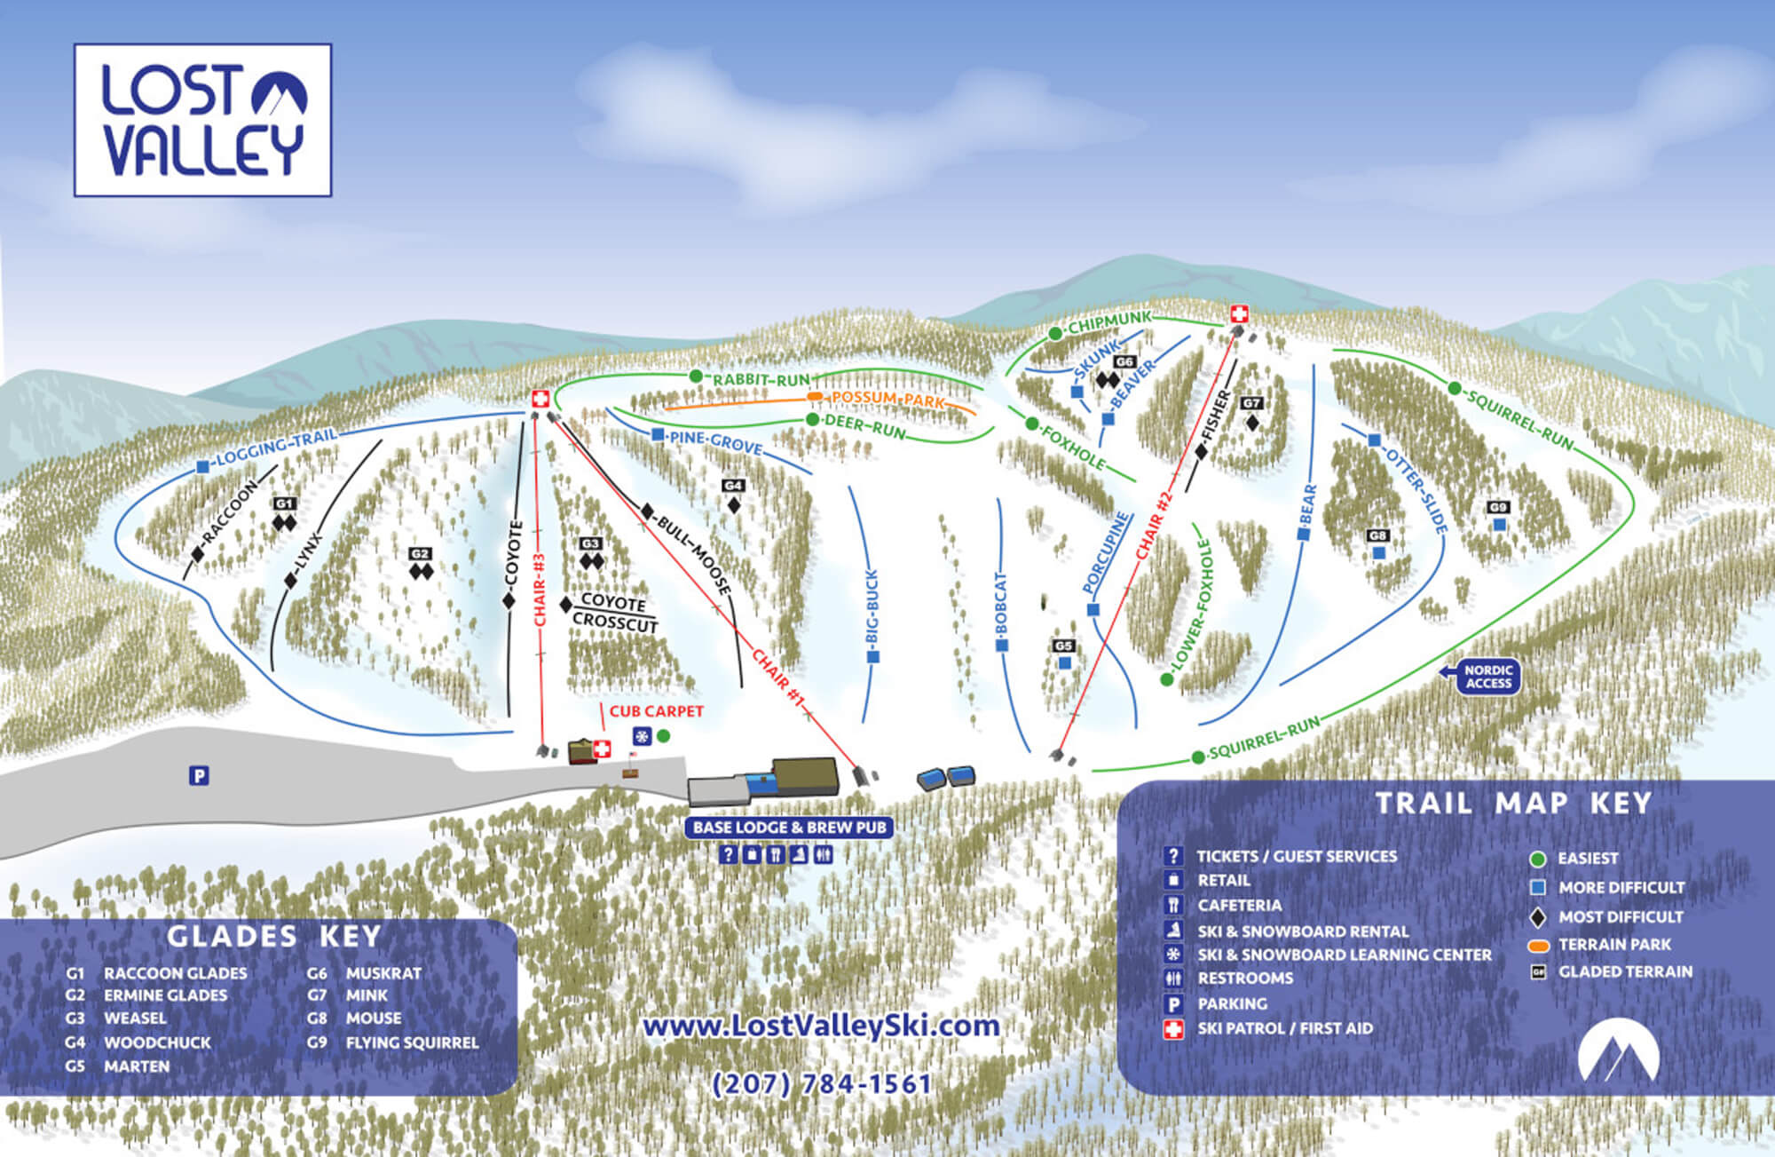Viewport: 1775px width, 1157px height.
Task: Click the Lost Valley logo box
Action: click(x=202, y=120)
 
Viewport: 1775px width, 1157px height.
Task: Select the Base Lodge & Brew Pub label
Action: click(x=789, y=828)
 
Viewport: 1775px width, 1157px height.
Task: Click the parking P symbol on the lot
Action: click(x=199, y=776)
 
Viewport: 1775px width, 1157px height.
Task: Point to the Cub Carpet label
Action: click(x=656, y=711)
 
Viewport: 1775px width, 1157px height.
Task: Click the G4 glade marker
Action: click(x=733, y=487)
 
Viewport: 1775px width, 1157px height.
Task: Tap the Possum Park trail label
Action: click(x=887, y=399)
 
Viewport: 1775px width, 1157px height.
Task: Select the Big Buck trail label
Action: click(x=872, y=607)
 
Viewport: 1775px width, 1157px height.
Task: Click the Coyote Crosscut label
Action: click(x=615, y=613)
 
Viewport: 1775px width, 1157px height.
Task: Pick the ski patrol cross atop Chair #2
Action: click(x=1240, y=313)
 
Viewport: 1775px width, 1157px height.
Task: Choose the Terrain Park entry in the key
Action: click(x=1613, y=945)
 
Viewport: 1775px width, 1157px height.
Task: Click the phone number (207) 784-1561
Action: click(x=822, y=1084)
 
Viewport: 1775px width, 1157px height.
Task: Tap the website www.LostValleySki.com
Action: click(x=821, y=1026)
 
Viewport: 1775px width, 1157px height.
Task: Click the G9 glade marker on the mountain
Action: click(x=1498, y=508)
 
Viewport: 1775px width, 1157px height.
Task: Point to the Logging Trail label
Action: click(x=276, y=447)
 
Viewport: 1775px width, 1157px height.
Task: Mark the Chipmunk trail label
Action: click(x=1109, y=322)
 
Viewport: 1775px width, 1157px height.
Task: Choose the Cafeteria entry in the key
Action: click(x=1239, y=906)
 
